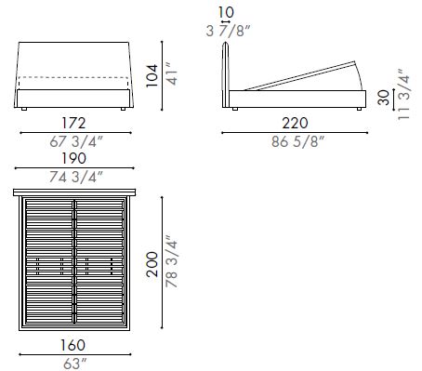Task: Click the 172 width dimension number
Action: pyautogui.click(x=73, y=124)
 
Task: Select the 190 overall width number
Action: pyautogui.click(x=73, y=158)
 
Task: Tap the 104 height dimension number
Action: pyautogui.click(x=152, y=76)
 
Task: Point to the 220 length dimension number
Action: pyautogui.click(x=295, y=124)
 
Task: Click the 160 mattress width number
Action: pyautogui.click(x=73, y=345)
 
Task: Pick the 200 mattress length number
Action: pyautogui.click(x=152, y=264)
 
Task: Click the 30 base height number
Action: pyautogui.click(x=384, y=98)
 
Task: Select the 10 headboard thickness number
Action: pyautogui.click(x=226, y=13)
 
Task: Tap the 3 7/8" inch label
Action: pyautogui.click(x=228, y=31)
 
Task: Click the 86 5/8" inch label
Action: pyautogui.click(x=297, y=141)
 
